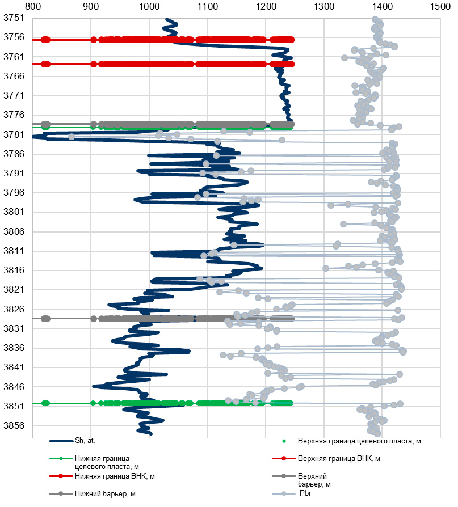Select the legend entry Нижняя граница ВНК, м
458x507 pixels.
pos(115,475)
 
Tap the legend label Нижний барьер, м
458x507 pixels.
pos(105,493)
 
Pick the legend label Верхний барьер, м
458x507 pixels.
pos(314,480)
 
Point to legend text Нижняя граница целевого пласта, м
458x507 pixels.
pos(103,462)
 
